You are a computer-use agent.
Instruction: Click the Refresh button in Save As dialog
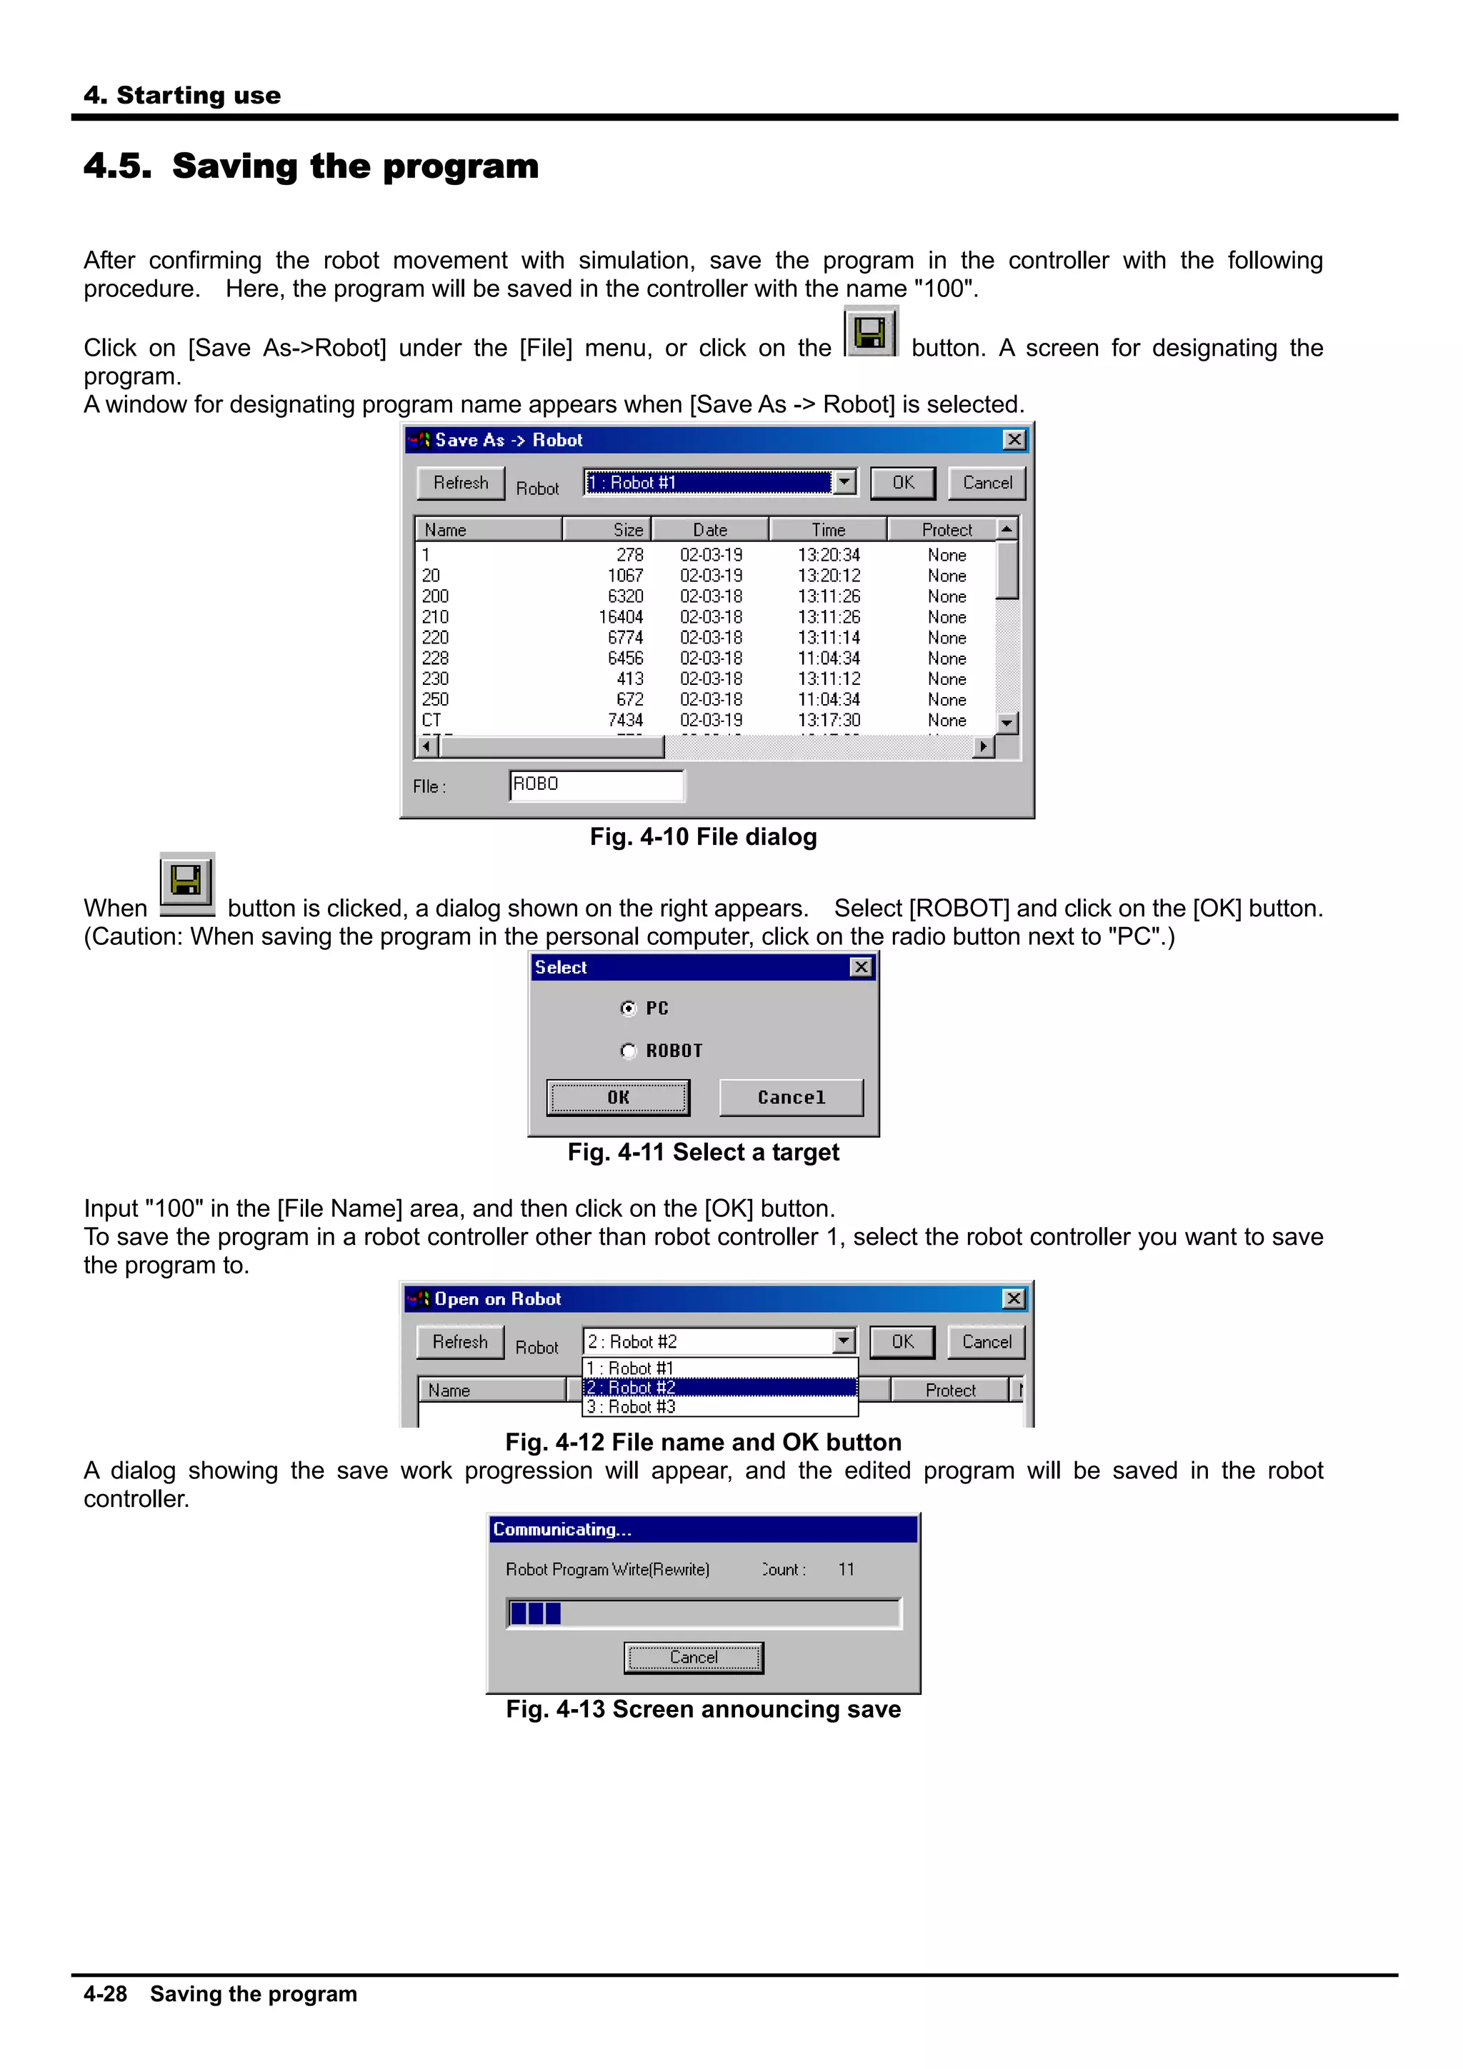coord(461,483)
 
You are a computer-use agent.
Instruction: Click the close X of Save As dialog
coord(1014,440)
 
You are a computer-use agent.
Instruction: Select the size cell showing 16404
coord(620,617)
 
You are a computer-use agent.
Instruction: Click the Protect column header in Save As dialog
coord(946,530)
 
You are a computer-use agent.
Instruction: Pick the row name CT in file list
coord(431,720)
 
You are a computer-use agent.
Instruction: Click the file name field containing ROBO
coord(595,785)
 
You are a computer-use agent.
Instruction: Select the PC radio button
coord(629,1008)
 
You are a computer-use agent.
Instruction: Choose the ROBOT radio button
coord(629,1051)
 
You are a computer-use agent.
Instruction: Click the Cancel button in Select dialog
coord(791,1098)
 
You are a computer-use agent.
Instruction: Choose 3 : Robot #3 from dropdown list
coord(631,1407)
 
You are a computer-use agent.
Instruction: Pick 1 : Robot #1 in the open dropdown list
coord(631,1368)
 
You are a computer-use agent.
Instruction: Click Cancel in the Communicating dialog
coord(693,1657)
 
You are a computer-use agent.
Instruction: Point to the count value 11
coord(846,1570)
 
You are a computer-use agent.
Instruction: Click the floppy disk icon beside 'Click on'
coord(870,334)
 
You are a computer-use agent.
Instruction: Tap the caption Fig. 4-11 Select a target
coord(703,1153)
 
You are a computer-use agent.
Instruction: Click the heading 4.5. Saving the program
coord(311,166)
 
